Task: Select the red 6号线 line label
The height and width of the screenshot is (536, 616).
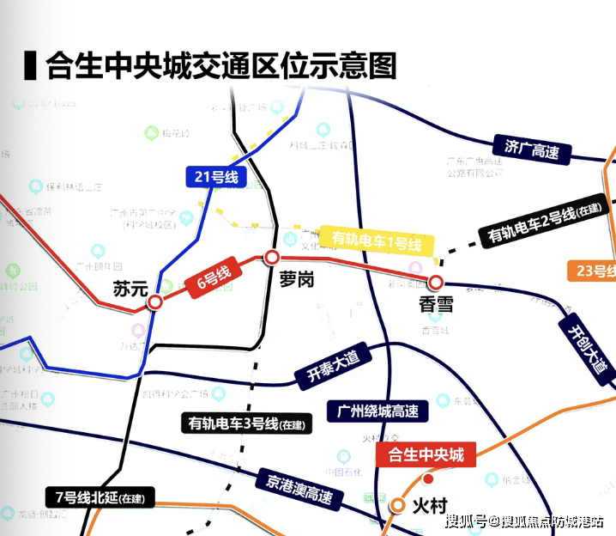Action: point(209,278)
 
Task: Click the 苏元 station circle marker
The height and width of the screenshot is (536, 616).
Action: point(155,302)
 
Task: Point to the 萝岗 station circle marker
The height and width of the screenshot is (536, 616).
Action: point(272,257)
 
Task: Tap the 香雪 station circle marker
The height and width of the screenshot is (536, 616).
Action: point(436,282)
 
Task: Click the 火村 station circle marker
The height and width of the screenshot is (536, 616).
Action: point(398,505)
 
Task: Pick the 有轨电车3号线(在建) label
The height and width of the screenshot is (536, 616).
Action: point(247,423)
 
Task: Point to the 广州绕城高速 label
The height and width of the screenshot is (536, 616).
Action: point(377,411)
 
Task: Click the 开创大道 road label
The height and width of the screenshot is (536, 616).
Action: point(587,344)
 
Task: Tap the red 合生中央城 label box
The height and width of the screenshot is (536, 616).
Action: point(426,454)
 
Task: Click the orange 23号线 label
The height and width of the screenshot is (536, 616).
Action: point(592,271)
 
